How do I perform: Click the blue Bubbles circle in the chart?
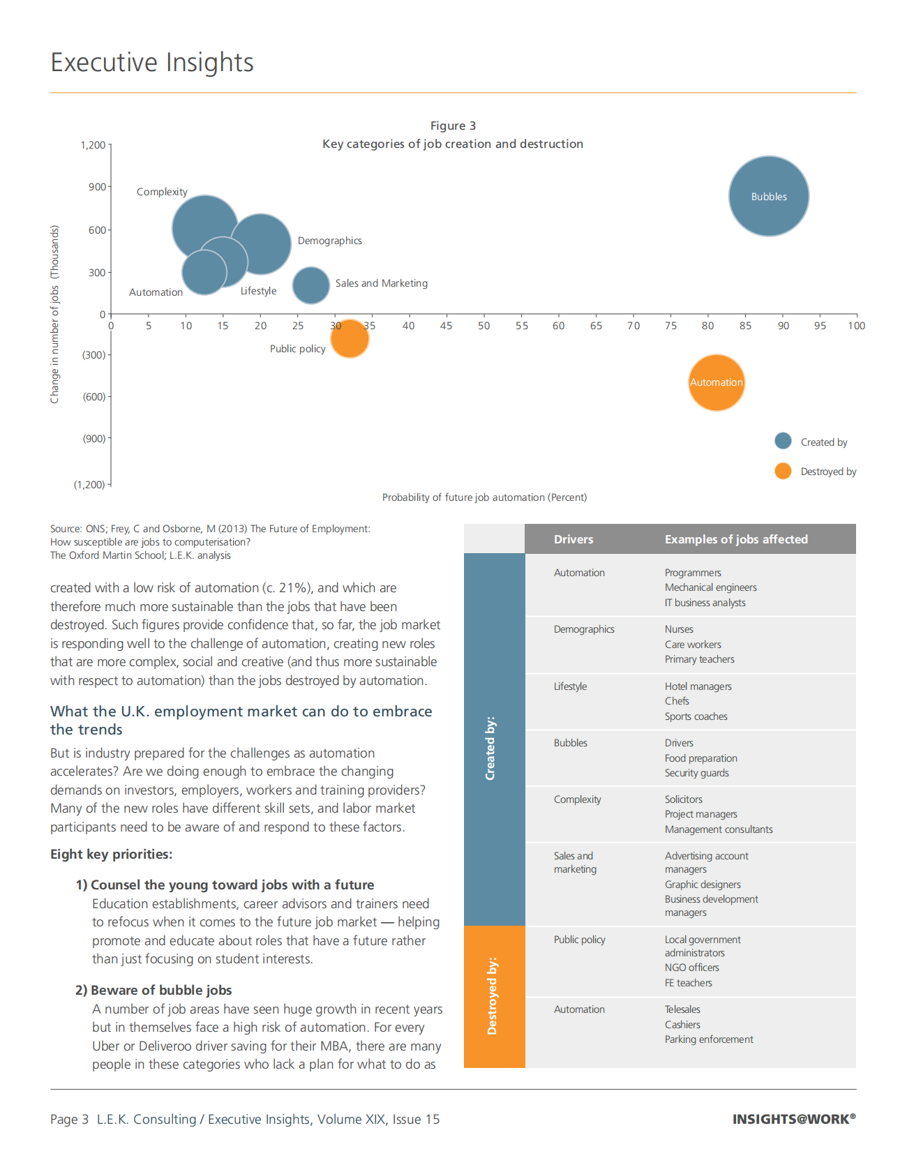click(769, 196)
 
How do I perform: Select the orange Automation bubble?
click(716, 383)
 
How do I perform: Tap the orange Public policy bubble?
click(350, 339)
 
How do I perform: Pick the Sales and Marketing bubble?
click(310, 285)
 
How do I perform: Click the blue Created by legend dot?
click(783, 441)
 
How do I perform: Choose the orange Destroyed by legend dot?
click(783, 471)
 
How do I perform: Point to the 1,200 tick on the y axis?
click(93, 145)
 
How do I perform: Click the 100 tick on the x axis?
click(856, 326)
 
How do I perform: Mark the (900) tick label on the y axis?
click(94, 439)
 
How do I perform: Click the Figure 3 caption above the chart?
click(453, 126)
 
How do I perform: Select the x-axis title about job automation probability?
click(484, 497)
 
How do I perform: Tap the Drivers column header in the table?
click(574, 539)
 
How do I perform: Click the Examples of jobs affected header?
click(736, 539)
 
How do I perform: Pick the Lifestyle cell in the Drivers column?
click(570, 686)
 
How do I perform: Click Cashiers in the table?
click(682, 1025)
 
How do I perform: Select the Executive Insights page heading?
click(152, 63)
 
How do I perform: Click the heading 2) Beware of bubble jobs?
click(153, 990)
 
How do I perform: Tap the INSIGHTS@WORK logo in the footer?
click(793, 1119)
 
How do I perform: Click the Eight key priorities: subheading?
click(111, 855)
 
